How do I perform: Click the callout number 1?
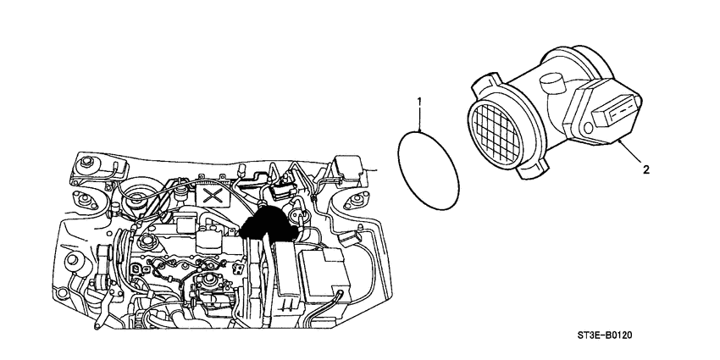(x=418, y=103)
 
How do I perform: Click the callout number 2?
(x=646, y=169)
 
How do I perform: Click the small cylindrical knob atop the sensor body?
(x=552, y=85)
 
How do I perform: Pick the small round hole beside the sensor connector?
(x=587, y=130)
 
